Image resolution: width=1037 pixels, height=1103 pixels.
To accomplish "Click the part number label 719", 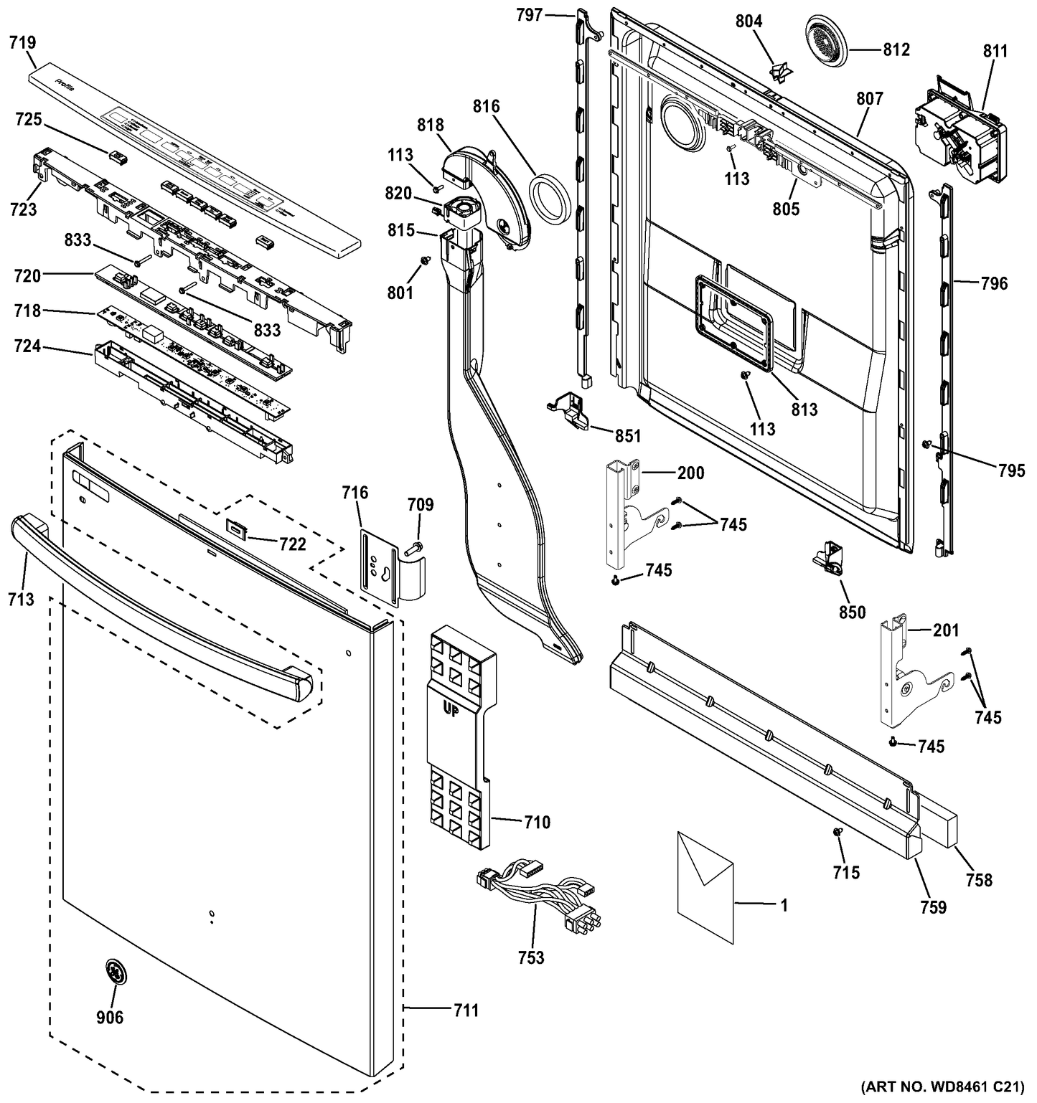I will [22, 44].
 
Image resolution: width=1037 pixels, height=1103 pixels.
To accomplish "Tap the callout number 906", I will [110, 1016].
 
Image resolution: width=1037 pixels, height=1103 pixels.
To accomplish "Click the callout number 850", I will [853, 612].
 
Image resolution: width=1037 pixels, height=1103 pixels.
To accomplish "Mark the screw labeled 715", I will [837, 831].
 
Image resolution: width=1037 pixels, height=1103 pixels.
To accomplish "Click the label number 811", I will [995, 51].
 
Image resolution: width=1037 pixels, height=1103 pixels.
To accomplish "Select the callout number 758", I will [979, 879].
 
